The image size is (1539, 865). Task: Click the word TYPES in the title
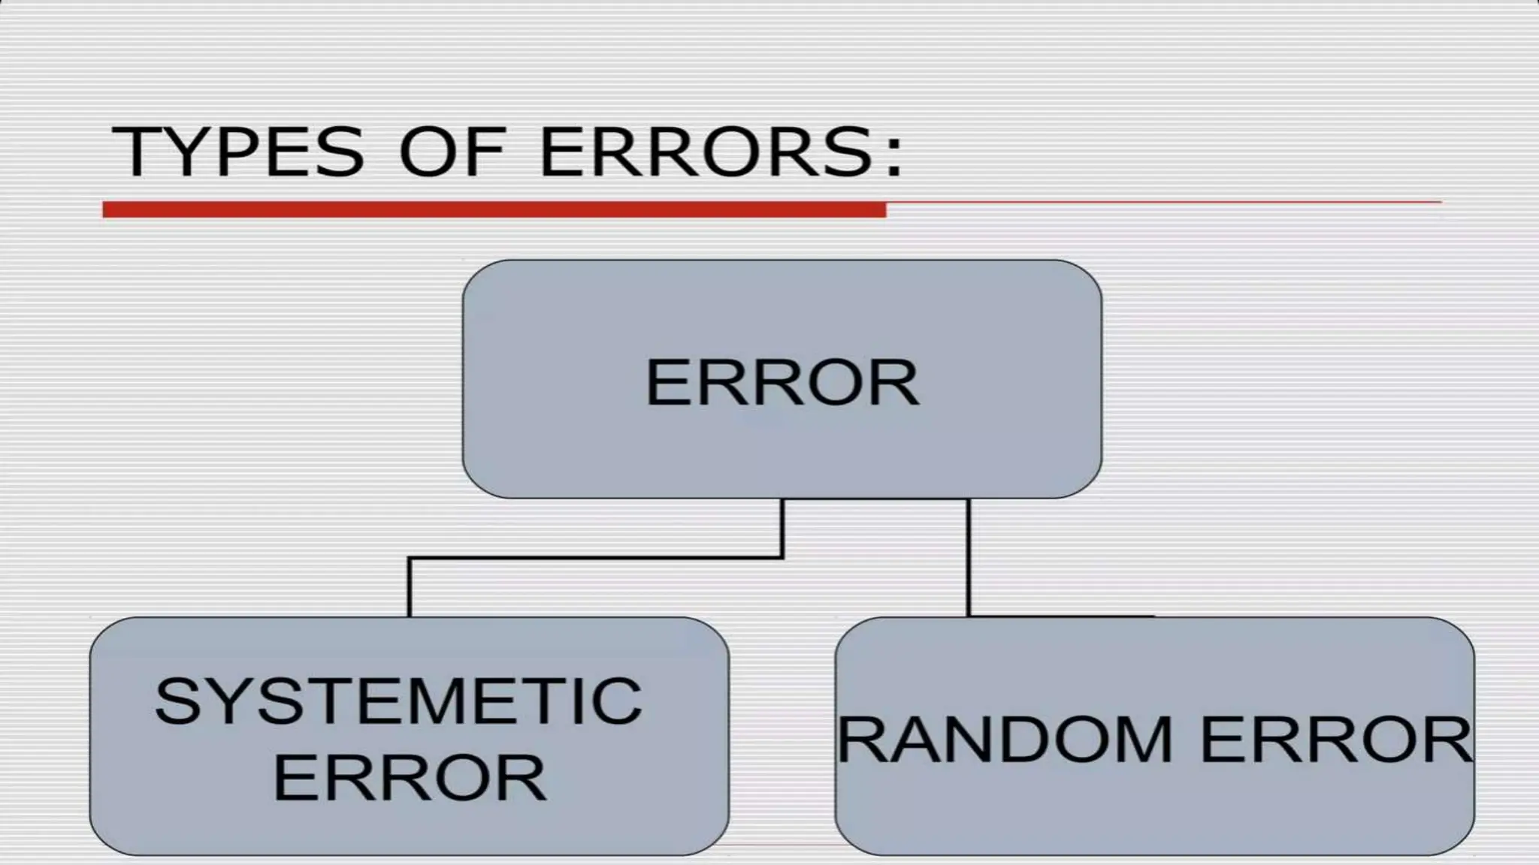tap(237, 152)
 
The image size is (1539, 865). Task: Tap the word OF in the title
tap(451, 152)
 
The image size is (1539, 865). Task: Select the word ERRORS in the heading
tap(706, 152)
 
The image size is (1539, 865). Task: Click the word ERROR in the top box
tap(782, 383)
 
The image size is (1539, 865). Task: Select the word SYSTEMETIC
tap(398, 701)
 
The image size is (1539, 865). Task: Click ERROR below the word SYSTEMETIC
tap(410, 777)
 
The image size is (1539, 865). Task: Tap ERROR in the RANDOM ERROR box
tap(1336, 740)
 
